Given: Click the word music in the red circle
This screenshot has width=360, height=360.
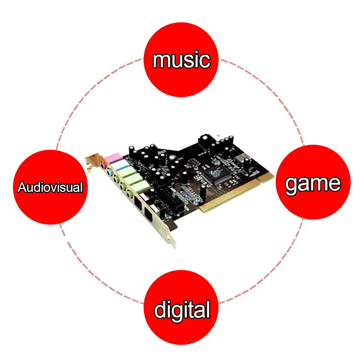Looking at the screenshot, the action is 181,60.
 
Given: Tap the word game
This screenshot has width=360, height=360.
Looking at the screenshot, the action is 312,184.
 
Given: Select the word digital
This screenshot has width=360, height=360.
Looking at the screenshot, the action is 182,310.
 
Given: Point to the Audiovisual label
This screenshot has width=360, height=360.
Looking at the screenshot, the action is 50,187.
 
